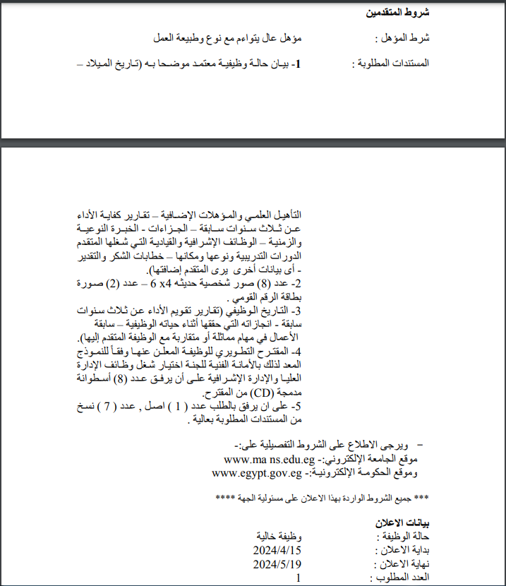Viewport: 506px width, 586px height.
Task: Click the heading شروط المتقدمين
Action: click(x=398, y=13)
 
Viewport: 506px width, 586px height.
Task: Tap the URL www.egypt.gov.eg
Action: click(x=262, y=473)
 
